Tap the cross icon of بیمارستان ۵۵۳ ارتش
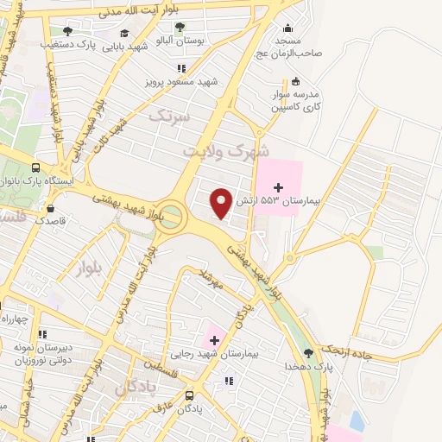pyautogui.click(x=278, y=186)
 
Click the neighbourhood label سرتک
pyautogui.click(x=167, y=114)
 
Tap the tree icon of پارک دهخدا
pyautogui.click(x=308, y=352)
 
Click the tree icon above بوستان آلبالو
pyautogui.click(x=179, y=26)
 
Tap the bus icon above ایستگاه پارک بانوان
pyautogui.click(x=35, y=168)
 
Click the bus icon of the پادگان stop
pyautogui.click(x=189, y=395)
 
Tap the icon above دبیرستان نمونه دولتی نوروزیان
pyautogui.click(x=41, y=333)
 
